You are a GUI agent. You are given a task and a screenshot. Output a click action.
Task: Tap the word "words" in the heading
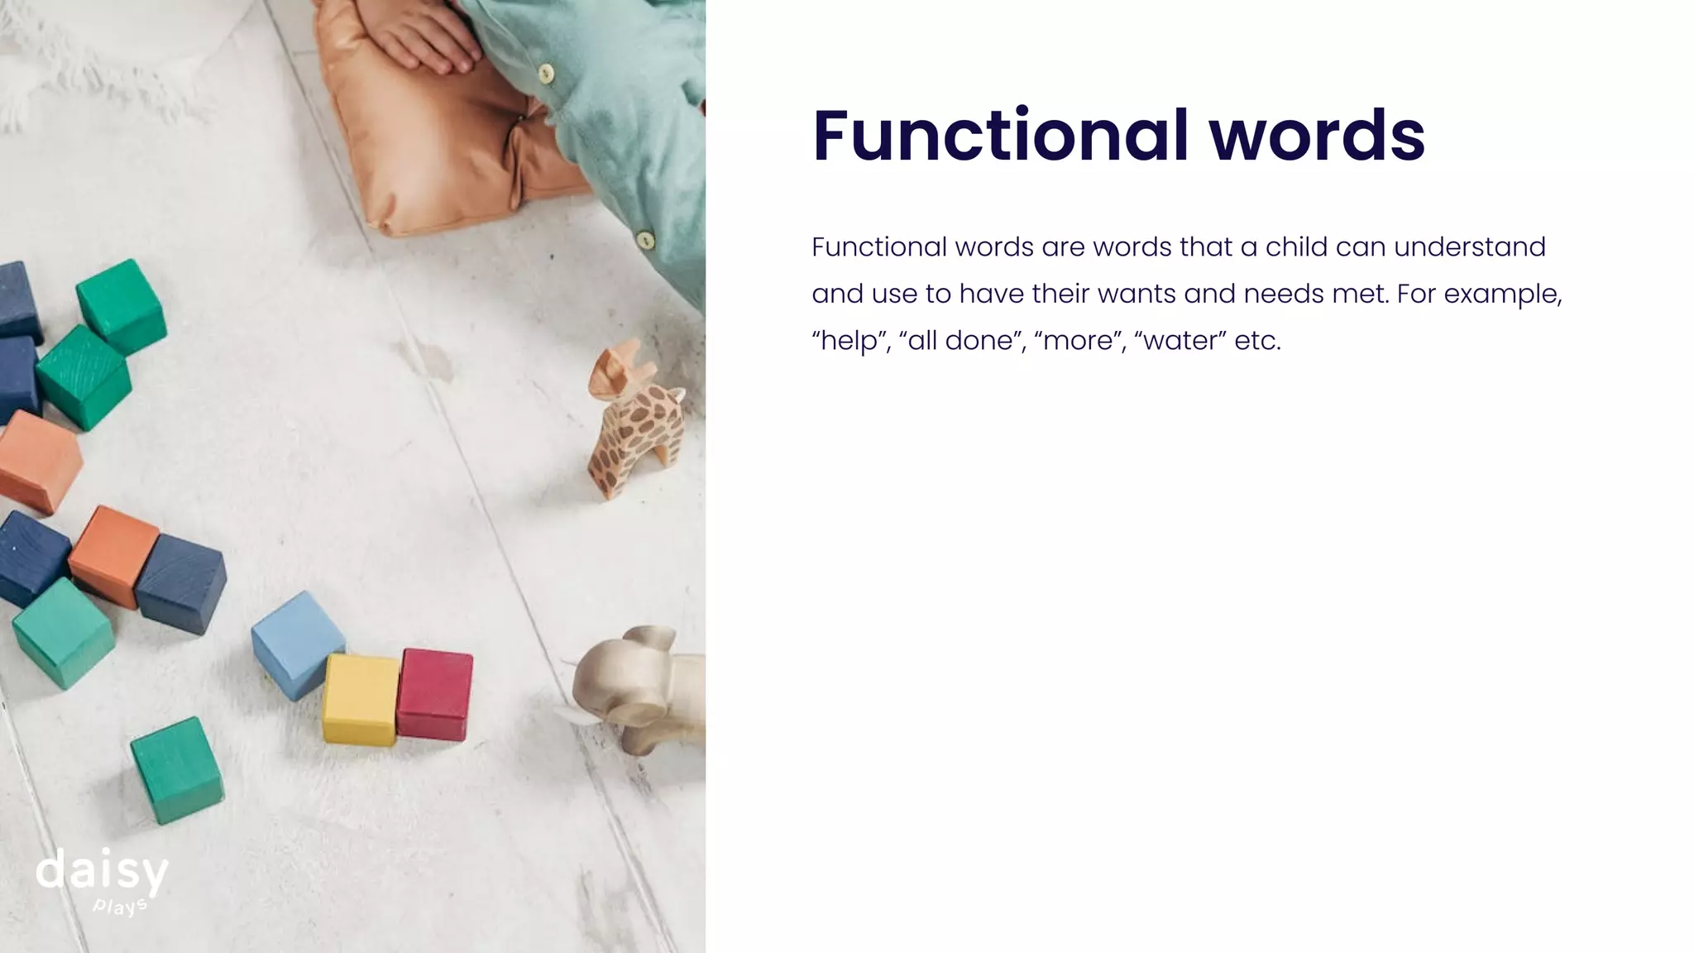(x=1318, y=136)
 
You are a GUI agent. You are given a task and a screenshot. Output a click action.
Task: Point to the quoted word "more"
(x=1078, y=341)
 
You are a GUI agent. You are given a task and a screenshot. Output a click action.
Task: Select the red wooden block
(x=435, y=693)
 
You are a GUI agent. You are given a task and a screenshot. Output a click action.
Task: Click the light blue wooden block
(x=296, y=641)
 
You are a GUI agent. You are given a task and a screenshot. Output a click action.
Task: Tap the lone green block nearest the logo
(x=176, y=769)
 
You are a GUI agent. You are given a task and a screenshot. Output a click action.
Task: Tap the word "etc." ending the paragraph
(x=1257, y=341)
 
